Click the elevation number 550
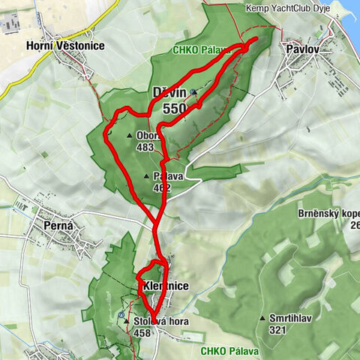pyautogui.click(x=175, y=109)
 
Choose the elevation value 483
pyautogui.click(x=145, y=148)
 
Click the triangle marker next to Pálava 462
pyautogui.click(x=145, y=176)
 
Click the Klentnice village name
pyautogui.click(x=163, y=286)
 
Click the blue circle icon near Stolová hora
pyautogui.click(x=121, y=315)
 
